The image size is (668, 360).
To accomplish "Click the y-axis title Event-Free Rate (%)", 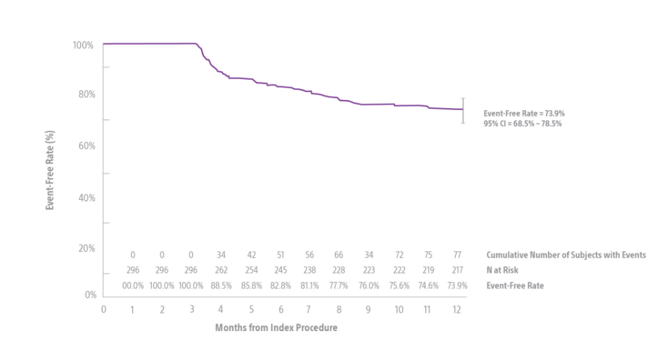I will [x=50, y=170].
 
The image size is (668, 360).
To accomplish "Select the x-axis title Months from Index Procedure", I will [x=276, y=328].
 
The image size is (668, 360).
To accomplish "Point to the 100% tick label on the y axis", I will [x=84, y=45].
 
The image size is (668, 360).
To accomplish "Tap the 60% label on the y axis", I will [x=86, y=146].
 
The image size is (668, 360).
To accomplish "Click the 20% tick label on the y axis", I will [x=86, y=249].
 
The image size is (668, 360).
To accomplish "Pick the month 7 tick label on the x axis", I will [x=309, y=309].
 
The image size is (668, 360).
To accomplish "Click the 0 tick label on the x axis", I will [x=103, y=309].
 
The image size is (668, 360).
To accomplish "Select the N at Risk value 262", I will [x=221, y=270].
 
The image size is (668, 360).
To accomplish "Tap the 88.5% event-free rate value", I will [x=221, y=286].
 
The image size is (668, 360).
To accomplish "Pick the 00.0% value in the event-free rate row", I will [x=133, y=286].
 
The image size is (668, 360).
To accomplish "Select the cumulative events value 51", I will [x=280, y=255].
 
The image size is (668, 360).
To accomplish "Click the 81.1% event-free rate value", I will [x=309, y=286].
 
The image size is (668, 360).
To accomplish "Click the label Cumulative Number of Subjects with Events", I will [x=566, y=255].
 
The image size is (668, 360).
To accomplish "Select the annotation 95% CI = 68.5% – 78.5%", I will [x=523, y=124].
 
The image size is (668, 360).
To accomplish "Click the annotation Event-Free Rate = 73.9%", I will [x=524, y=114].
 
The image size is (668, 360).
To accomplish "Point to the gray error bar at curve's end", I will [x=463, y=110].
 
